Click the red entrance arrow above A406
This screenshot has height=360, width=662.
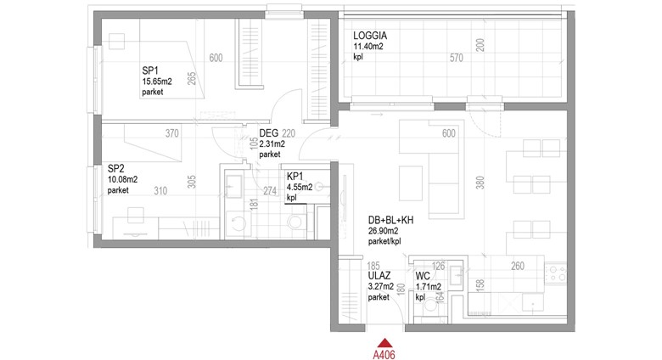pyautogui.click(x=384, y=343)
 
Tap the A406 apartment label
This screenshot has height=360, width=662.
pyautogui.click(x=384, y=354)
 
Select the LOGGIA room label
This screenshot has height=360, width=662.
pyautogui.click(x=370, y=36)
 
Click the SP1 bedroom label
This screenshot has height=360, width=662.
pyautogui.click(x=150, y=70)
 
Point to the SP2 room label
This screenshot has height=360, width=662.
pyautogui.click(x=115, y=169)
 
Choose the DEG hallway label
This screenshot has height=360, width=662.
pyautogui.click(x=269, y=133)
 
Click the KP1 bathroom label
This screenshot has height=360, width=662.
pyautogui.click(x=295, y=177)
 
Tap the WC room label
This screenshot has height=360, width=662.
pyautogui.click(x=423, y=276)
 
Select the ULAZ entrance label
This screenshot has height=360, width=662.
pyautogui.click(x=379, y=276)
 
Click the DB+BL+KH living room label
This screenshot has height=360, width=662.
pyautogui.click(x=390, y=220)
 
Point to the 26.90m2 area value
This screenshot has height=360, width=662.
pyautogui.click(x=384, y=231)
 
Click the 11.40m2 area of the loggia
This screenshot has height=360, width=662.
pyautogui.click(x=368, y=47)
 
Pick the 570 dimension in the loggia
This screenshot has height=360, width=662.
pyautogui.click(x=457, y=58)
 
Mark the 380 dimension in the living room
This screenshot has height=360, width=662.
pyautogui.click(x=480, y=183)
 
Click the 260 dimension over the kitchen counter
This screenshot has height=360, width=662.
pyautogui.click(x=518, y=266)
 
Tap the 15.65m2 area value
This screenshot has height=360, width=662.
pyautogui.click(x=157, y=82)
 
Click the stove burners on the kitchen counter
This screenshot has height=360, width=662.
pyautogui.click(x=558, y=273)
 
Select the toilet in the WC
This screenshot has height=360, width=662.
pyautogui.click(x=431, y=307)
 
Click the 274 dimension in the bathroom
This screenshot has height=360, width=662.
pyautogui.click(x=270, y=191)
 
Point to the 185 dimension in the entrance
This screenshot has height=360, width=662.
pyautogui.click(x=373, y=267)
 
